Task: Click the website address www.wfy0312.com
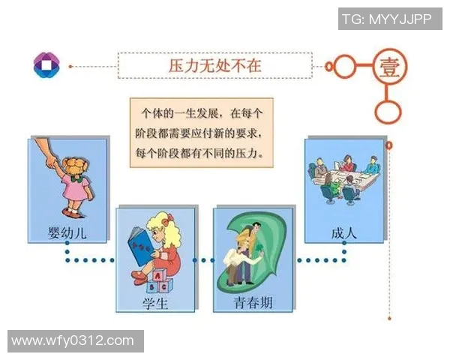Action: pos(73,341)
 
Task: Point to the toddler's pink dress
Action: pos(74,188)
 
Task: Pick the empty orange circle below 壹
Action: pos(388,112)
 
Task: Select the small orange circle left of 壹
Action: pos(343,66)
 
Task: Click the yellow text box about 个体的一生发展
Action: pos(201,132)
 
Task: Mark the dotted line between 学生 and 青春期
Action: pos(204,260)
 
